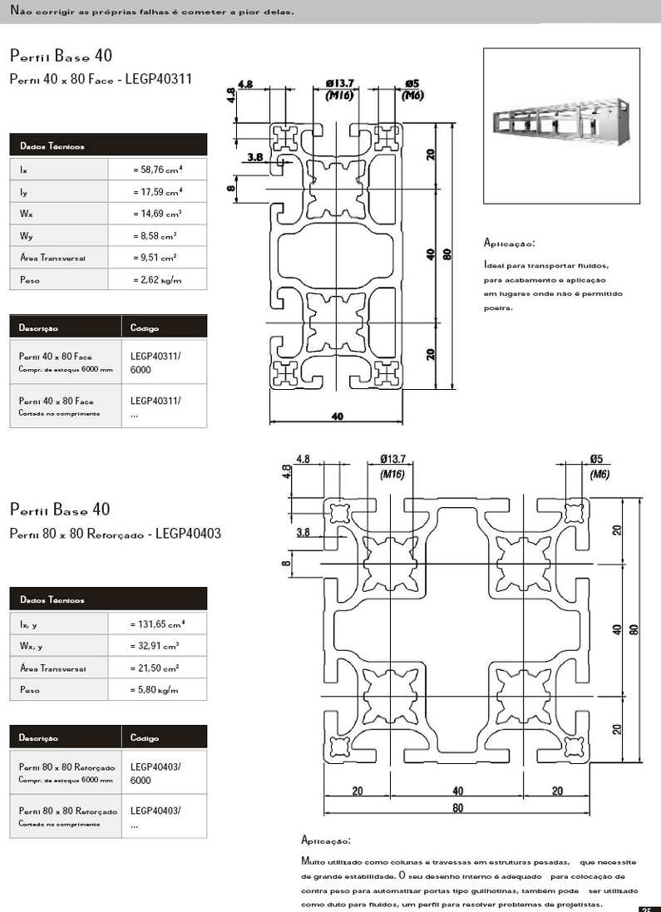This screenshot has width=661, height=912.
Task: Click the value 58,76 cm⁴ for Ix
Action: (157, 170)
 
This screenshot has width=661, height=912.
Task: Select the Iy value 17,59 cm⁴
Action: (157, 192)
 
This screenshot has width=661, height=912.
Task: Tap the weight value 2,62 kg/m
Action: (157, 280)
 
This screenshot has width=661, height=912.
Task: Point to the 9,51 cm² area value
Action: (155, 258)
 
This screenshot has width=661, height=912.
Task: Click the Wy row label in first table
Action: (26, 236)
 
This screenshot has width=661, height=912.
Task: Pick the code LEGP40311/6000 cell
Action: (155, 362)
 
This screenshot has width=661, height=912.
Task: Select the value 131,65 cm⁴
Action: (157, 624)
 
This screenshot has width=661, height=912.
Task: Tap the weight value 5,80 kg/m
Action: (155, 690)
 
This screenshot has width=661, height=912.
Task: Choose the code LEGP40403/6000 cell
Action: (155, 773)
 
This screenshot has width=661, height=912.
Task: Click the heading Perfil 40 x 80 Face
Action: (101, 80)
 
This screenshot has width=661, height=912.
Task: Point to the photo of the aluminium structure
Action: (561, 125)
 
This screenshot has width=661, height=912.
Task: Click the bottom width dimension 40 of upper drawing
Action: (337, 417)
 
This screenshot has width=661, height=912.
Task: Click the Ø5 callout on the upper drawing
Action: (412, 83)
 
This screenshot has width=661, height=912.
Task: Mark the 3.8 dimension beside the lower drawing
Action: (303, 532)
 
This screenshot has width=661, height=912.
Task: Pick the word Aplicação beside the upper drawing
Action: (509, 244)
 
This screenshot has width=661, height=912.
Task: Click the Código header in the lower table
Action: (145, 738)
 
